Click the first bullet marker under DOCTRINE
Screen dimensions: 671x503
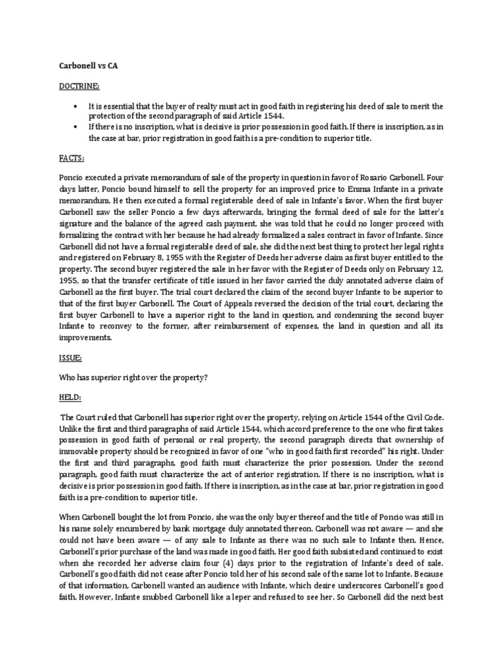(x=77, y=106)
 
